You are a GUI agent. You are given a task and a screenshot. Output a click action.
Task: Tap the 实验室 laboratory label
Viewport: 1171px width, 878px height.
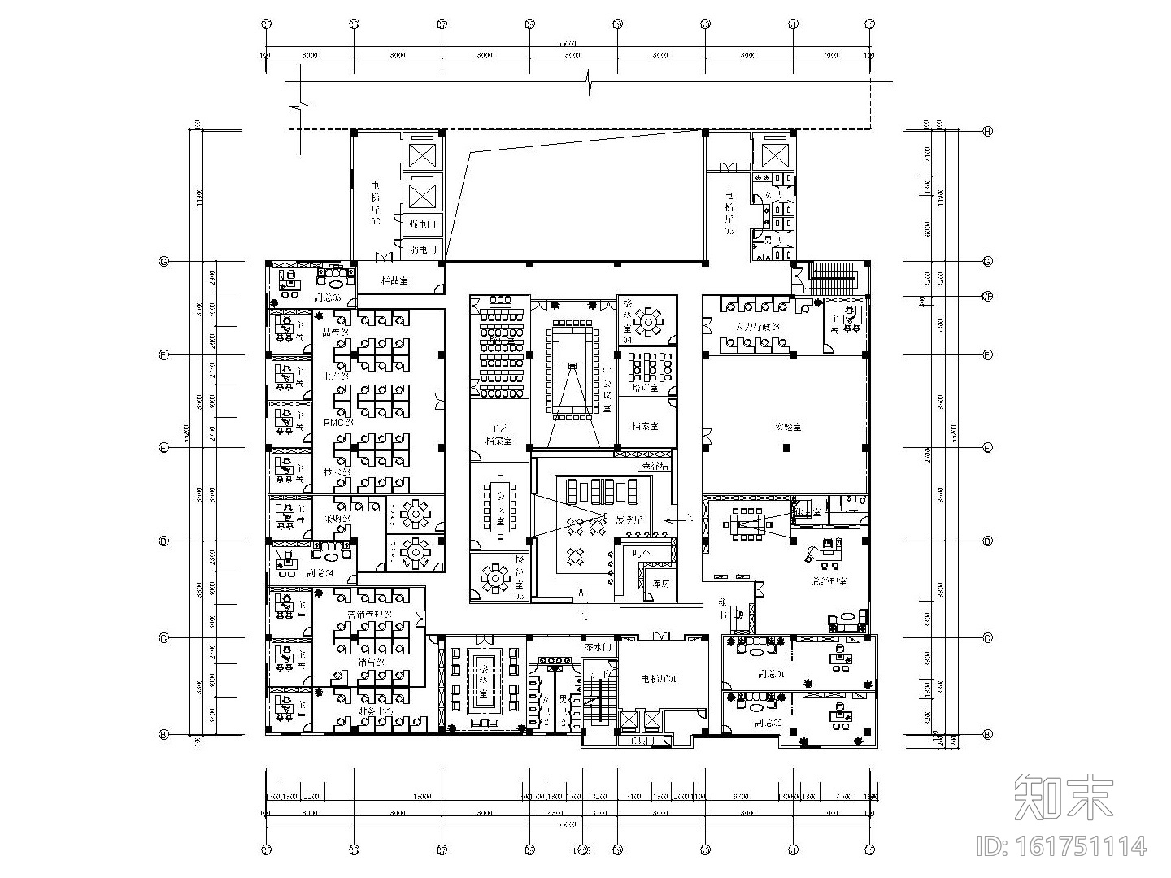click(x=786, y=425)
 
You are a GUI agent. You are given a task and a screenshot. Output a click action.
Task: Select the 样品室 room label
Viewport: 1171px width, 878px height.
click(x=394, y=280)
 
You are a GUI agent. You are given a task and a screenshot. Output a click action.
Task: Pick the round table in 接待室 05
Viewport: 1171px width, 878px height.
click(x=494, y=580)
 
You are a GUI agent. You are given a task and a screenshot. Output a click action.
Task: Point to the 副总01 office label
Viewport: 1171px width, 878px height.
click(x=769, y=674)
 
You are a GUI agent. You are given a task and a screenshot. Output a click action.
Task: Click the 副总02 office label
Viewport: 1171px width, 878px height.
click(x=768, y=722)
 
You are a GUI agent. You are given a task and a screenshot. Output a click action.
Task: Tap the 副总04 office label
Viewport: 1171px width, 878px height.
click(x=320, y=573)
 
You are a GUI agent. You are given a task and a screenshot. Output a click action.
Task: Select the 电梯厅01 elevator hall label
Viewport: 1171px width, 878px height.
click(x=659, y=679)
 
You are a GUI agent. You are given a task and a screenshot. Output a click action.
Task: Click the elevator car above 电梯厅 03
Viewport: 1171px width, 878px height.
click(x=771, y=153)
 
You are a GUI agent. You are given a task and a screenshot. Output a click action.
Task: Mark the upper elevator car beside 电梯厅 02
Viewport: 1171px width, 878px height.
click(x=423, y=153)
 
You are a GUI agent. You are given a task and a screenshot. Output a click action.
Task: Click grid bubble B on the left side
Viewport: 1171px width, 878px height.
click(x=163, y=734)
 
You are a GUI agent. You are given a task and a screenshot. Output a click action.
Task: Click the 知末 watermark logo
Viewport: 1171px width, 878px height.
click(x=1064, y=797)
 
